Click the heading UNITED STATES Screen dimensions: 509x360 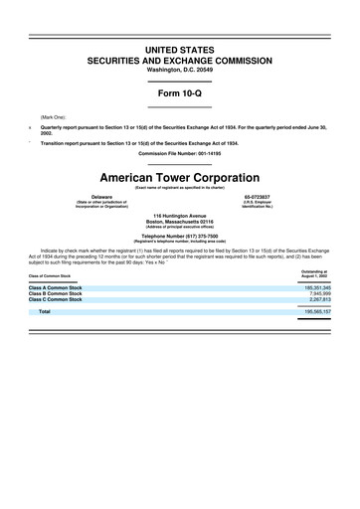pos(179,49)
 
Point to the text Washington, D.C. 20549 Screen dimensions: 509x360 pos(179,70)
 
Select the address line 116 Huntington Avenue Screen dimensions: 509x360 pos(179,215)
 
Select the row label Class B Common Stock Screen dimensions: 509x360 pos(57,295)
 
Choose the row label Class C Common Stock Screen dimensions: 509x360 pos(57,301)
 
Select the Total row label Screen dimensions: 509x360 pos(45,312)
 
